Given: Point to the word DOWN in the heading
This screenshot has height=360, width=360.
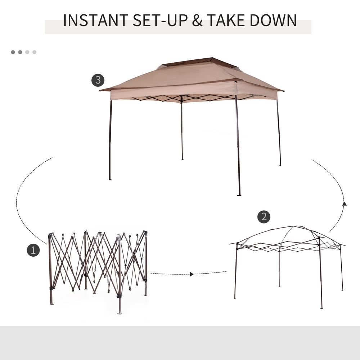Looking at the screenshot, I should point(275,21).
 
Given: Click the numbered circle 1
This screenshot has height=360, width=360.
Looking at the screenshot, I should point(33,250).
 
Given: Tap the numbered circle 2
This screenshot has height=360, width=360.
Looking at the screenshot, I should point(264,216).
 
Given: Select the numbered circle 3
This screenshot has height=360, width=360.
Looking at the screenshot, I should point(98,80).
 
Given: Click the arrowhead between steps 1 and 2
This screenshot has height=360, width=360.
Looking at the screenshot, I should point(192,274).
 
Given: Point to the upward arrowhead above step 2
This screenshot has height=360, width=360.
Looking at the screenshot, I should point(344,204).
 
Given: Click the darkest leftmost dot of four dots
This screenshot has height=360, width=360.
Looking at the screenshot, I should point(13,52).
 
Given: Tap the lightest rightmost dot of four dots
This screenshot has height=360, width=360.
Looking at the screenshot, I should point(35,52).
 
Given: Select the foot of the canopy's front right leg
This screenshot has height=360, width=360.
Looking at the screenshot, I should point(239,195).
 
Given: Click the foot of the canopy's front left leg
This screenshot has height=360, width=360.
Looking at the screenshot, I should point(110,179).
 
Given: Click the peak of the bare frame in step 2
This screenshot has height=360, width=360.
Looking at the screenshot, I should point(293,227).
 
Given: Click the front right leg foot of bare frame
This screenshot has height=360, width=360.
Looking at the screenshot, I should point(321,308).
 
